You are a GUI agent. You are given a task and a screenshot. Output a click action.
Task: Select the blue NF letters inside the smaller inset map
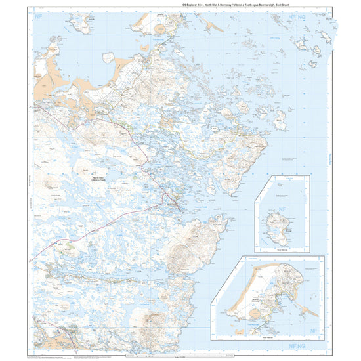[x=284, y=212]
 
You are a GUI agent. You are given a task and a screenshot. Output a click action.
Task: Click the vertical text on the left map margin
[x=29, y=184]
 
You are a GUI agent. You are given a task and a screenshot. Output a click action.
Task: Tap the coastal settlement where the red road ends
[x=172, y=200]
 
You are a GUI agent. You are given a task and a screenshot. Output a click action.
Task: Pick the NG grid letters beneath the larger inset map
[x=319, y=345]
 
